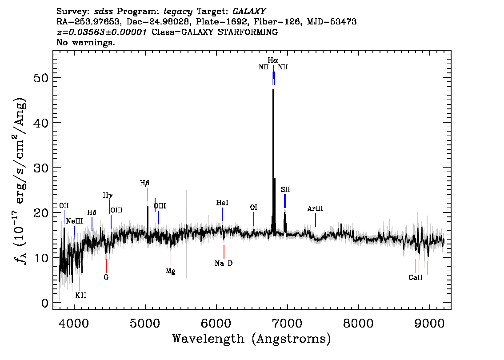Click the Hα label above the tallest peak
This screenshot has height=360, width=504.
[273, 60]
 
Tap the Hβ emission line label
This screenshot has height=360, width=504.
[144, 183]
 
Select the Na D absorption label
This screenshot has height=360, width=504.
[224, 263]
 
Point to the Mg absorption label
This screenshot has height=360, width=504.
[171, 271]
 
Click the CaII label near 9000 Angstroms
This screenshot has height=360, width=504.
[415, 277]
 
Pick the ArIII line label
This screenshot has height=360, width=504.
[315, 208]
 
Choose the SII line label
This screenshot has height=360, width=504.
[285, 189]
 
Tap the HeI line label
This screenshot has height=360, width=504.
[222, 203]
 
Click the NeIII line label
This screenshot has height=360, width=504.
[75, 221]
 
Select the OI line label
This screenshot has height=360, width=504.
[254, 208]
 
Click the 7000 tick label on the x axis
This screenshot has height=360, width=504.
[287, 323]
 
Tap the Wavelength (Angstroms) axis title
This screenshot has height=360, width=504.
[252, 339]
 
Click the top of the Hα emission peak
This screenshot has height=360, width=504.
[273, 89]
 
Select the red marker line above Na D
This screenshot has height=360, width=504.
[224, 252]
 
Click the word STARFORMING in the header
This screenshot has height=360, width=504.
[248, 32]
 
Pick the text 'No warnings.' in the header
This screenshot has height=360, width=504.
[85, 42]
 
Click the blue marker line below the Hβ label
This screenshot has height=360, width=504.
[148, 195]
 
